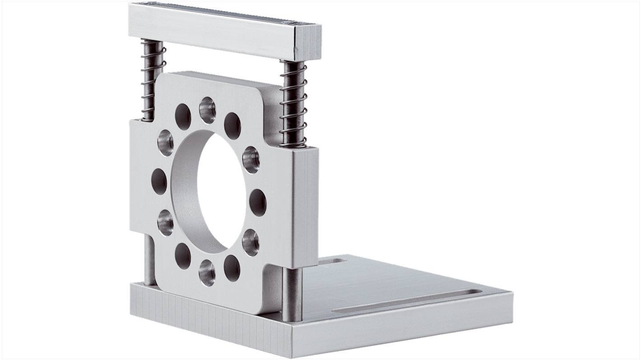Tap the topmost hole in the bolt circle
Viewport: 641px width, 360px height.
[207, 110]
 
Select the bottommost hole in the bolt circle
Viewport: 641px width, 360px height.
[208, 273]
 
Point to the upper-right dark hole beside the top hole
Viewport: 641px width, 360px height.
[232, 126]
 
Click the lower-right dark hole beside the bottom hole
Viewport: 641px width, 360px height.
[232, 268]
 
